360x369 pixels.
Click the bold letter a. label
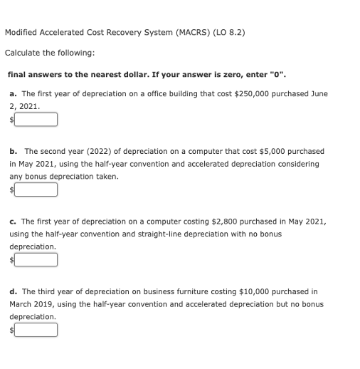coord(14,94)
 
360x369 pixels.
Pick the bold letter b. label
coord(14,151)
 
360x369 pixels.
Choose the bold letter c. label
coord(14,222)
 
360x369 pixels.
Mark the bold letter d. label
coord(14,291)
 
